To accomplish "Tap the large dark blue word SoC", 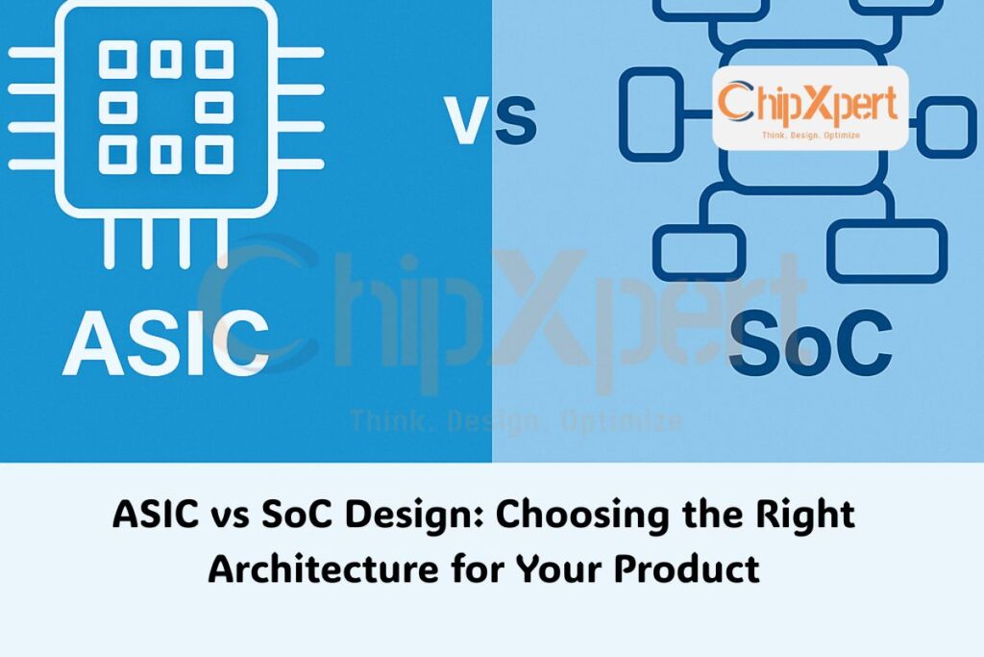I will point(810,343).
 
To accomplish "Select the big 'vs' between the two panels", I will point(491,121).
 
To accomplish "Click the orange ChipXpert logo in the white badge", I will point(809,103).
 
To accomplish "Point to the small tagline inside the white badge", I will point(809,136).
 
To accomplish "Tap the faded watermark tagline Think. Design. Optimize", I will point(516,420).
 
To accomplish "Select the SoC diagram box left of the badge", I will point(650,106).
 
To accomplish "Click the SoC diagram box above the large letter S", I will point(699,252).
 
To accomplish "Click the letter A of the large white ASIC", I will point(100,343).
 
